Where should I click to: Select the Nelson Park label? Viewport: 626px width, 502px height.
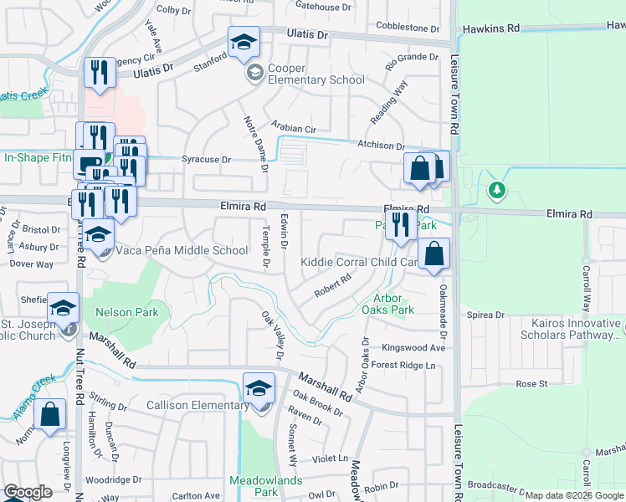(x=127, y=312)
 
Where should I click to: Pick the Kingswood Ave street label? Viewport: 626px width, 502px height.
(x=413, y=347)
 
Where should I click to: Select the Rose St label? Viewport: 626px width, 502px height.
(x=531, y=384)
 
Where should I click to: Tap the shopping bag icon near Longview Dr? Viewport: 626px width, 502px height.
(x=49, y=416)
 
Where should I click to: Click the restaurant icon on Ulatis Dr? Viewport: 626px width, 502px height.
(x=99, y=72)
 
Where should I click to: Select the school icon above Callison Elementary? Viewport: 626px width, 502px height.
(x=259, y=388)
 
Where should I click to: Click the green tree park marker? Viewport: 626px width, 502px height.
(x=497, y=191)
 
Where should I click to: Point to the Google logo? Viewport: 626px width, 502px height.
(x=28, y=492)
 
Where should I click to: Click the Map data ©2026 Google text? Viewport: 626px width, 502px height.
(x=574, y=495)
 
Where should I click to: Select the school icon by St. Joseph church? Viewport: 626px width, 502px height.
(x=63, y=308)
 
